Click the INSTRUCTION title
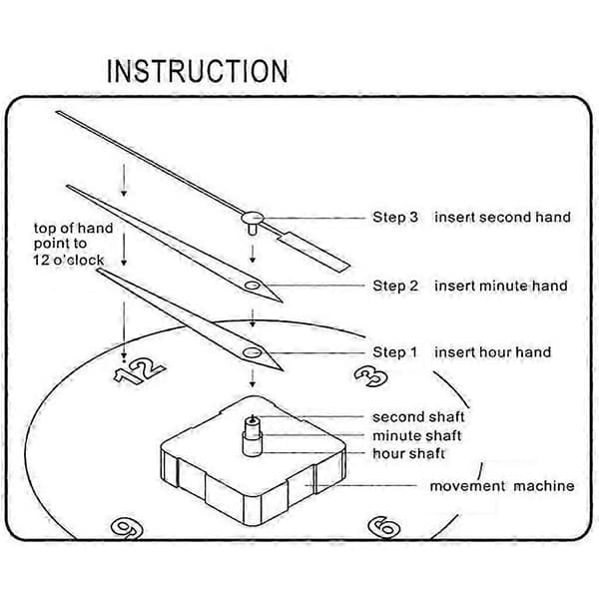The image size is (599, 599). (x=197, y=71)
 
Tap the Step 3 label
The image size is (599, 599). (x=395, y=217)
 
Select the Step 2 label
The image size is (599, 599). (x=395, y=286)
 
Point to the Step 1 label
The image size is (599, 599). (x=394, y=352)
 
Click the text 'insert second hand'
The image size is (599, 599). (x=502, y=217)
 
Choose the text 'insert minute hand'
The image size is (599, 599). (x=501, y=286)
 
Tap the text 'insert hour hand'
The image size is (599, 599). (x=493, y=352)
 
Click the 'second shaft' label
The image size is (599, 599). (x=418, y=416)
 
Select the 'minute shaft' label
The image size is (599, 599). (x=416, y=435)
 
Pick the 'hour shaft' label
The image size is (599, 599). (x=408, y=453)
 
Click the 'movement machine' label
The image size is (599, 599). (x=502, y=486)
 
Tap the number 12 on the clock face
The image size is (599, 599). (x=140, y=370)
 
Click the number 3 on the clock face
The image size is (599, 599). (x=371, y=376)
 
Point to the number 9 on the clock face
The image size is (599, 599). (x=127, y=528)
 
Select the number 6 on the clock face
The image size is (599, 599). (x=384, y=527)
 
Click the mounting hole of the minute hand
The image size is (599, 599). (x=253, y=286)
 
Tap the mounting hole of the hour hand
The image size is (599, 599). (x=252, y=352)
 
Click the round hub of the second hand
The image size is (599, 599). (x=253, y=218)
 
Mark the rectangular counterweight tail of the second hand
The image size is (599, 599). (x=314, y=253)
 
